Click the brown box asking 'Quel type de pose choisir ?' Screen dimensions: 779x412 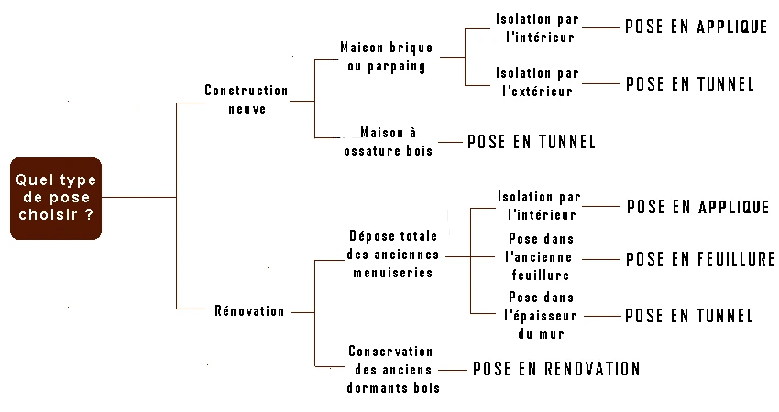coord(56,199)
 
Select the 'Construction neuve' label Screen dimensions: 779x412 coord(247,99)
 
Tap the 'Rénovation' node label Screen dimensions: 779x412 coord(249,311)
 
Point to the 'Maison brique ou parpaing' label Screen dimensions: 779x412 coord(387,57)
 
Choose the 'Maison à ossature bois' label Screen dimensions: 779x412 coord(388,142)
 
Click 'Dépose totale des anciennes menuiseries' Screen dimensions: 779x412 coord(393,255)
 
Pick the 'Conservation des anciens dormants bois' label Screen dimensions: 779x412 coord(393,369)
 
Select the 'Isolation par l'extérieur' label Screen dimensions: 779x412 coord(538,81)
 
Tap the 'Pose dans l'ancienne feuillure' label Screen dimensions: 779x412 coord(541,257)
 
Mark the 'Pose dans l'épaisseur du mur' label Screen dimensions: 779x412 coord(541,315)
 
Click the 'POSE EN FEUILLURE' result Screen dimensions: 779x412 coord(700,258)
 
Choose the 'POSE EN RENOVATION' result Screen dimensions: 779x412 coord(556,369)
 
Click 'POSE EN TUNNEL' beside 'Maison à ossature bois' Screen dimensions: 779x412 coord(531,142)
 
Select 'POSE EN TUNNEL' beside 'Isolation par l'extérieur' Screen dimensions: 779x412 coord(690,84)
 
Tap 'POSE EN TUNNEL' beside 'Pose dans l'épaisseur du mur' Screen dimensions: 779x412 coord(689,316)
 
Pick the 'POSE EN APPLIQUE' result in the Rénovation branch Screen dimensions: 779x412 coord(698,207)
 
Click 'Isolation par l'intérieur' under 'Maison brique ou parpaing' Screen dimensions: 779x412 coord(538,27)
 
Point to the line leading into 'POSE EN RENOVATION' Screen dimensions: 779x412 coord(453,370)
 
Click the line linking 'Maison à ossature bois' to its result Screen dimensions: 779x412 coord(450,143)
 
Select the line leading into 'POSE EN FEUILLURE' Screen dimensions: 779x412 coord(600,259)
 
